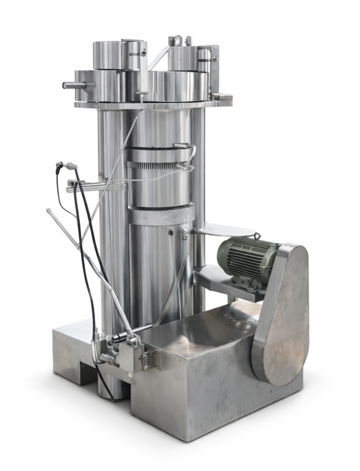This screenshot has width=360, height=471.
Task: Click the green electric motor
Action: click(x=247, y=257)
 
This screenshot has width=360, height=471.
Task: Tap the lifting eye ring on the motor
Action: click(x=257, y=235)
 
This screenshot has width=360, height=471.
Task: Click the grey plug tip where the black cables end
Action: click(x=71, y=166)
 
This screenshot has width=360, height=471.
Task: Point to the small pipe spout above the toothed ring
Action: click(x=184, y=146)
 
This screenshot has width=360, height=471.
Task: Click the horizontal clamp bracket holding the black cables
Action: click(x=94, y=186)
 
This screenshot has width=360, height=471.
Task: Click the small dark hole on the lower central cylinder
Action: click(x=171, y=232)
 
